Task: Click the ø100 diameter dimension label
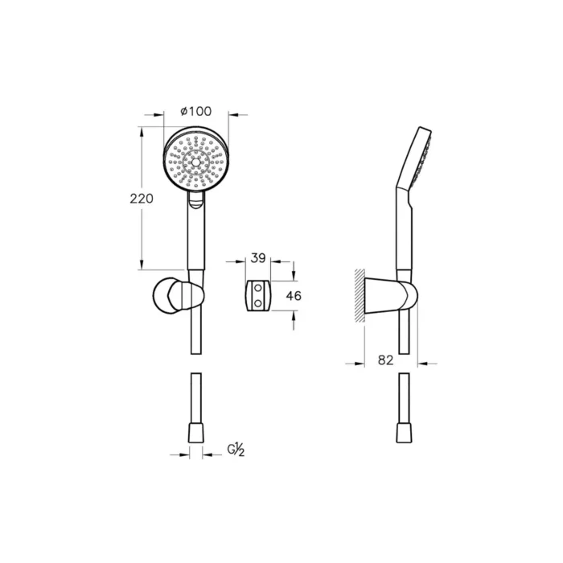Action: coord(195,110)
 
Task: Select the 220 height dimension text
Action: coord(142,199)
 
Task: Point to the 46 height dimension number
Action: coord(294,296)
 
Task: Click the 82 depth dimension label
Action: coord(385,361)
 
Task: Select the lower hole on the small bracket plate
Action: coord(258,302)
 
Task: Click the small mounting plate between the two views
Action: coord(257,295)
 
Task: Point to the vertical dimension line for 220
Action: coord(144,241)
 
